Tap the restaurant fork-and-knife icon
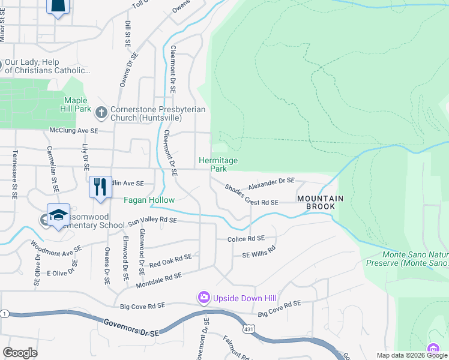coord(100,186)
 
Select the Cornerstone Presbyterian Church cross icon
coord(101,111)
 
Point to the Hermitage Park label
coord(218,164)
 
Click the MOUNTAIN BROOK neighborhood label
coord(321,202)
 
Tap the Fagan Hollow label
coord(149,200)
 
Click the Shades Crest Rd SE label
coord(251,196)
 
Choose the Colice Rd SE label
coord(246,238)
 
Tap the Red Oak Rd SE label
coord(170,260)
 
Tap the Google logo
coord(20,353)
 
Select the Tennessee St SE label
coord(13,174)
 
